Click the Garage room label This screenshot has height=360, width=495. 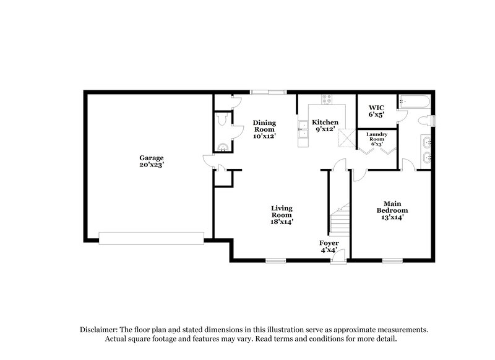(151, 158)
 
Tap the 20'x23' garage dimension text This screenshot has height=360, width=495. (151, 165)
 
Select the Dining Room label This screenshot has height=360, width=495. (264, 126)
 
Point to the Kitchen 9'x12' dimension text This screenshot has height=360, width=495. (324, 129)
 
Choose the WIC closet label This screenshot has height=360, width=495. (376, 108)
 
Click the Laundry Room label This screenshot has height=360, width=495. (377, 137)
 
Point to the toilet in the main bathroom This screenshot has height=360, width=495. (426, 119)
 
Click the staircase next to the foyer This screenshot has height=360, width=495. (338, 221)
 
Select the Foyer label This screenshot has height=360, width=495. (329, 242)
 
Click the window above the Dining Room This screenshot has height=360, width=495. (269, 92)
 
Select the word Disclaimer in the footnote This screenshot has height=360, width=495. (100, 330)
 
